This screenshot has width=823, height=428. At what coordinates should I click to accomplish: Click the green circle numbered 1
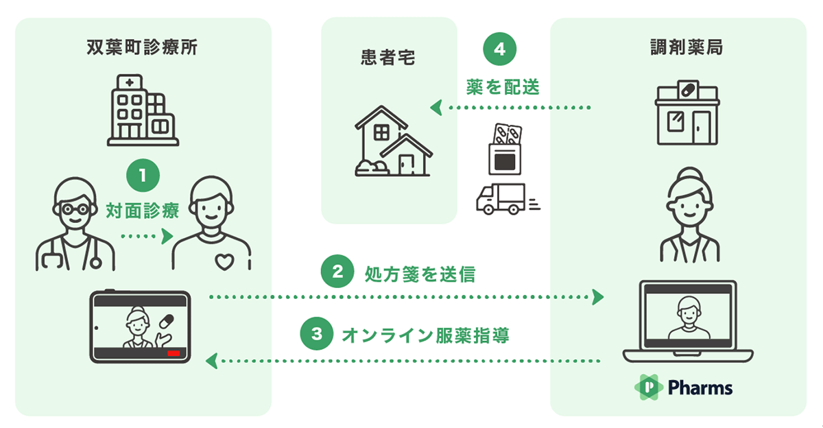(x=143, y=175)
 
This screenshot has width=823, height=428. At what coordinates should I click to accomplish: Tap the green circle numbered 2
(x=337, y=272)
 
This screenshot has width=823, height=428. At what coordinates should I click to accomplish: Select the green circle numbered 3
(x=317, y=333)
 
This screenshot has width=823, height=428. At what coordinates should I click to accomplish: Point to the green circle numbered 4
(x=499, y=49)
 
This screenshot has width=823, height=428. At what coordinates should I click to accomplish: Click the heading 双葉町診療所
(x=142, y=47)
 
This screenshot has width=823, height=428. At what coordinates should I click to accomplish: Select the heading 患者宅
(x=388, y=58)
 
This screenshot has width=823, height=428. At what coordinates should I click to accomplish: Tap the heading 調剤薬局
(x=687, y=47)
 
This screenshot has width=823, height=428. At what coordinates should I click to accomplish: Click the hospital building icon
(x=143, y=110)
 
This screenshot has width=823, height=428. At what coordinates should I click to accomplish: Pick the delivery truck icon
(x=508, y=199)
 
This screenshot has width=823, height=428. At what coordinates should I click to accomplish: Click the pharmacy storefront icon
(x=687, y=112)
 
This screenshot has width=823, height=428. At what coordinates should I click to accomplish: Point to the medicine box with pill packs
(x=505, y=149)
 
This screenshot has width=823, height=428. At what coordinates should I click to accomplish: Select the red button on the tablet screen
(x=174, y=353)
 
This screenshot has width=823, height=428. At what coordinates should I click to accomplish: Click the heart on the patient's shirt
(x=224, y=262)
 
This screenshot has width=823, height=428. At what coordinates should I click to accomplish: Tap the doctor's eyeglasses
(x=75, y=210)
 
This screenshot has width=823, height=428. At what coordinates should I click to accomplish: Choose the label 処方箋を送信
(x=420, y=274)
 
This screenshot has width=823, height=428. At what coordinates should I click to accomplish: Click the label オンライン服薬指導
(x=426, y=335)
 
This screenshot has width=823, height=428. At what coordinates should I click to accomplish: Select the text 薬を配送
(x=503, y=87)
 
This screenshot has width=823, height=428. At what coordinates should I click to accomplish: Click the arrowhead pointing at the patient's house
(x=436, y=108)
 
